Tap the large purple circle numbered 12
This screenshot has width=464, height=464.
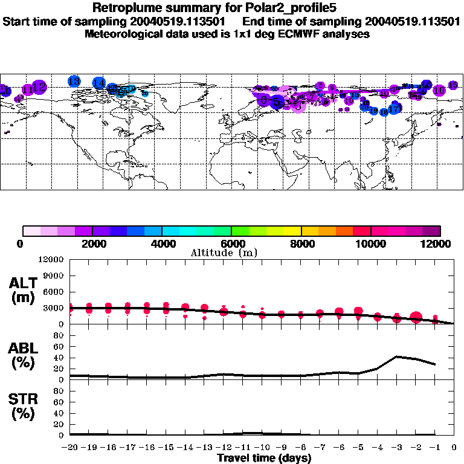pos(39,87)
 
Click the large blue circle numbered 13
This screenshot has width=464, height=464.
pos(74,81)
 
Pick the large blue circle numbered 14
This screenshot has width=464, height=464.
pos(99,83)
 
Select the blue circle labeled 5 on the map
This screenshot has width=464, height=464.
pos(277,102)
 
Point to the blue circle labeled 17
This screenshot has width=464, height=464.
pos(395,109)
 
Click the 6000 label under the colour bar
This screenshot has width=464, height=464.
pos(231,244)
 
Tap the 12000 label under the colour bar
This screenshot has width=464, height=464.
pos(437,244)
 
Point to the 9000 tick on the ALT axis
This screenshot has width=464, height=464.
pos(54,275)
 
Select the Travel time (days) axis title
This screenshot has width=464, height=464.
pos(264,459)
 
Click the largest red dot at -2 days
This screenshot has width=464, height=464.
pos(416,318)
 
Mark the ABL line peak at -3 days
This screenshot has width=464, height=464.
pos(396,356)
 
